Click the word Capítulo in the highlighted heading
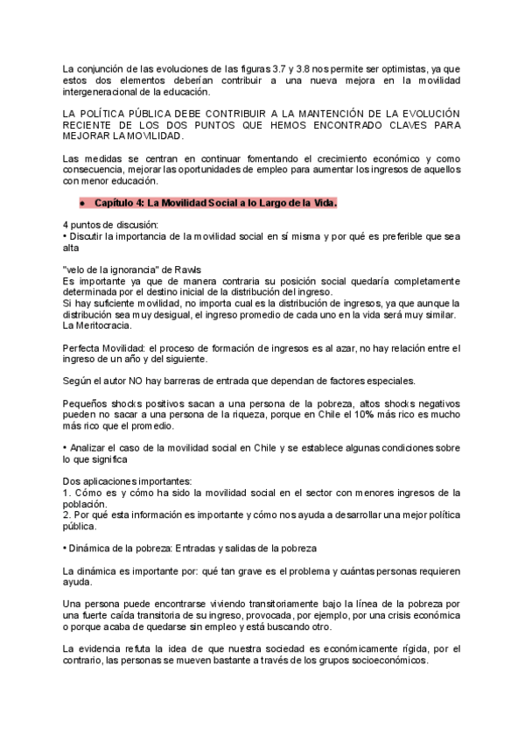point(115,202)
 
